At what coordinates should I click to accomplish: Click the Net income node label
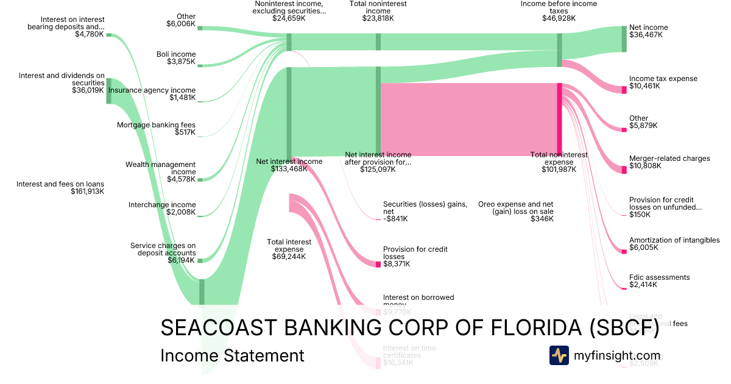pos(648,27)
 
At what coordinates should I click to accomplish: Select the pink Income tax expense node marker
pos(624,90)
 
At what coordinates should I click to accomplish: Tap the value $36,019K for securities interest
pos(88,90)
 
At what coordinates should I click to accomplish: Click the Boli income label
pos(176,54)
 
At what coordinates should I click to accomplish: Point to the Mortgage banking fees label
pos(156,125)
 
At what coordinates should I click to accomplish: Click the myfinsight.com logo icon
pos(559,355)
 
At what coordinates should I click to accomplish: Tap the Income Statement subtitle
pos(232,355)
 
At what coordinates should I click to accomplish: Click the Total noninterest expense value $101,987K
pos(559,169)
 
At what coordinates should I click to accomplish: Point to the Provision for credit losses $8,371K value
pos(397,264)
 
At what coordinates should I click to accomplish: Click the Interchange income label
pos(162,205)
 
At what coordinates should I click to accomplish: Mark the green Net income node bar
pos(624,39)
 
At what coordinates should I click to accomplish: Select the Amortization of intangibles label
pos(674,240)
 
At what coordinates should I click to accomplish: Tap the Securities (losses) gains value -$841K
pos(395,219)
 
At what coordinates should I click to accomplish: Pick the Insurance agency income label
pos(152,90)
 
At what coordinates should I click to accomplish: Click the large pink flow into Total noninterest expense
pos(469,119)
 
